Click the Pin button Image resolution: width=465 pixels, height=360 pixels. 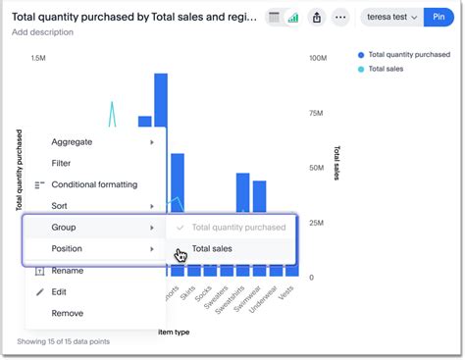438,17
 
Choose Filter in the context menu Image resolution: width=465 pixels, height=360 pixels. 61,164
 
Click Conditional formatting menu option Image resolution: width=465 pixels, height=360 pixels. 94,184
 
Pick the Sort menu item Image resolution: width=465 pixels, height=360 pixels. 60,206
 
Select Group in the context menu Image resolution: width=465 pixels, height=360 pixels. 64,228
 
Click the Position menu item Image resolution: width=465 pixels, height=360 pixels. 67,249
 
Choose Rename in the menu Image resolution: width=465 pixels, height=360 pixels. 67,271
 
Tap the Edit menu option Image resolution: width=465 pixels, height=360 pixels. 59,292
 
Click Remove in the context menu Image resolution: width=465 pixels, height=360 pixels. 67,313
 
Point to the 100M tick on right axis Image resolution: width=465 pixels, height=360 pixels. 318,59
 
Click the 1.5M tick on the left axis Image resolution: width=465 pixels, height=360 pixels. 38,59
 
